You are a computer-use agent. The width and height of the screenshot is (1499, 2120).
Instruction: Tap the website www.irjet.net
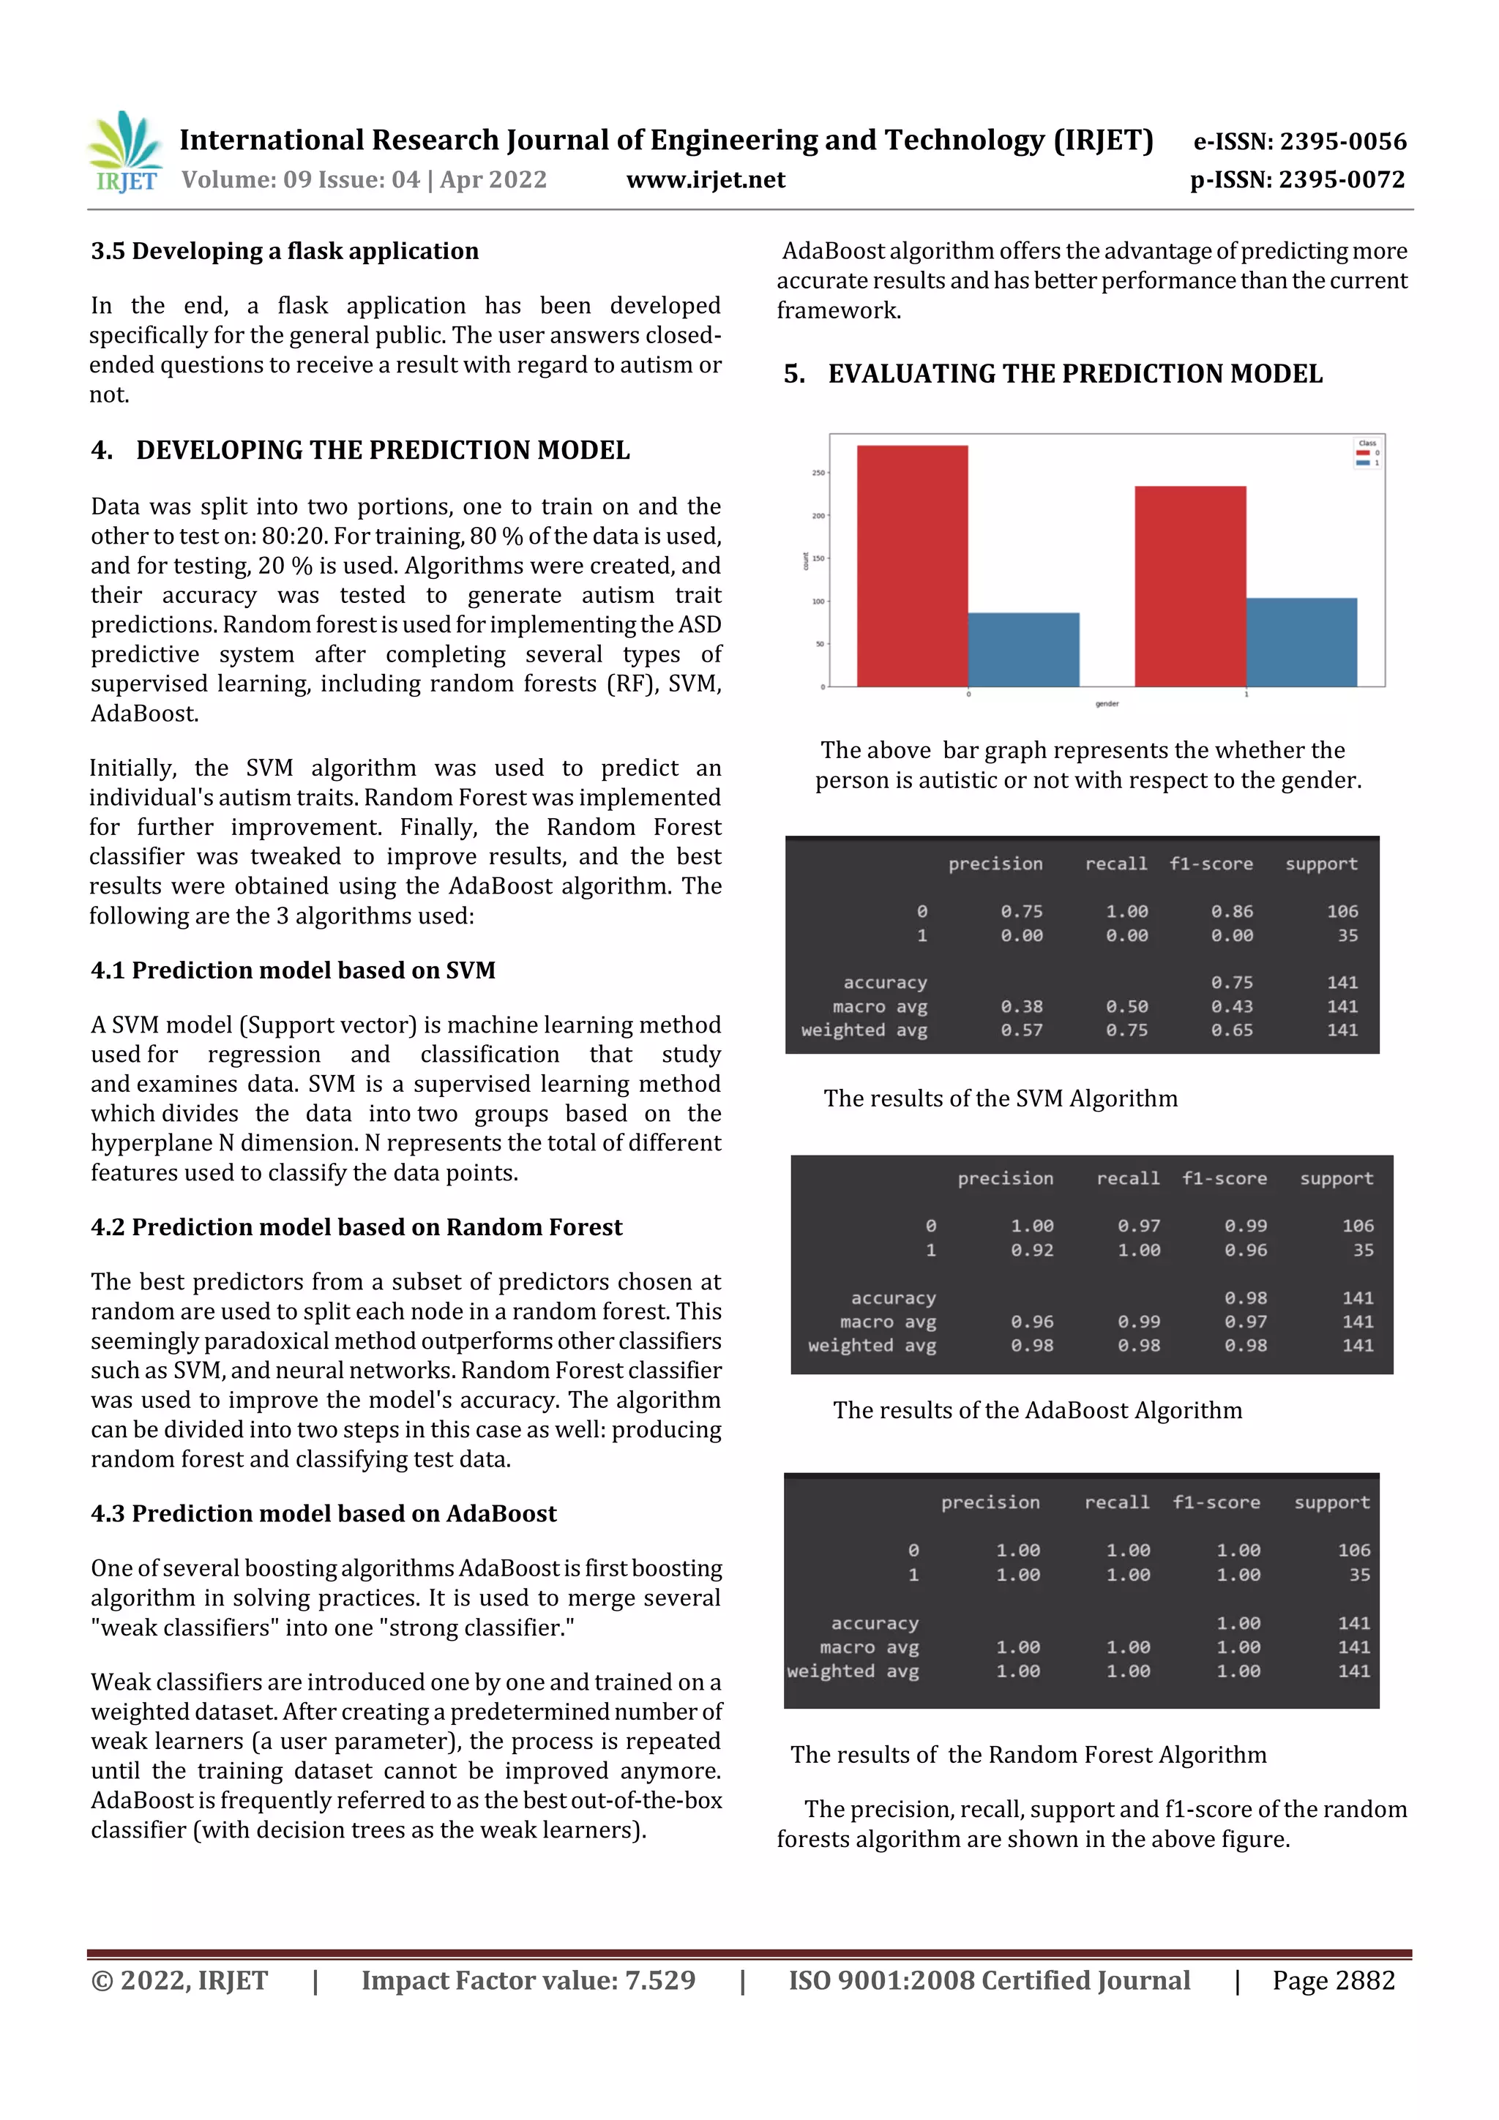(706, 180)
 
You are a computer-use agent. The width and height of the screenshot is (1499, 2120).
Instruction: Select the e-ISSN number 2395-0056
(1299, 141)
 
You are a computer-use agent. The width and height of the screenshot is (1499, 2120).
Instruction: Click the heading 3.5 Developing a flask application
(285, 251)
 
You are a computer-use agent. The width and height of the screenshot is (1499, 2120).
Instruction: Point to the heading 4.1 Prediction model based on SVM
(293, 970)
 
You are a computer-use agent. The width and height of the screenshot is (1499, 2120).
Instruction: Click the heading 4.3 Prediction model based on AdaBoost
(324, 1513)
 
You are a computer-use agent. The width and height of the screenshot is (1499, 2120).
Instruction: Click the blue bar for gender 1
(1301, 642)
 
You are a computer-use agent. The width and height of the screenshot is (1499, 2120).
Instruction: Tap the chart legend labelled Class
(1367, 452)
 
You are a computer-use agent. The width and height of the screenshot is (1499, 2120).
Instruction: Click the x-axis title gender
(1107, 703)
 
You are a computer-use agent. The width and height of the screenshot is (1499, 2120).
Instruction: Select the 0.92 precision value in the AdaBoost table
(1031, 1250)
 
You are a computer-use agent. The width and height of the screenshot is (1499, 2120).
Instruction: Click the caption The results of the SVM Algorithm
(1001, 1098)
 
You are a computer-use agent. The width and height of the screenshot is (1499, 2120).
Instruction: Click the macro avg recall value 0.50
(1126, 1006)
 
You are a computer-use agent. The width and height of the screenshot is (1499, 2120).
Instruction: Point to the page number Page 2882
(1333, 1980)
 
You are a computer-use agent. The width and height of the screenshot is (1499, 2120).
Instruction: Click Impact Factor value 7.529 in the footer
(528, 1980)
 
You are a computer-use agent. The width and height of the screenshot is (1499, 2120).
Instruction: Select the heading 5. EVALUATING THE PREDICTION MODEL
(1053, 374)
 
